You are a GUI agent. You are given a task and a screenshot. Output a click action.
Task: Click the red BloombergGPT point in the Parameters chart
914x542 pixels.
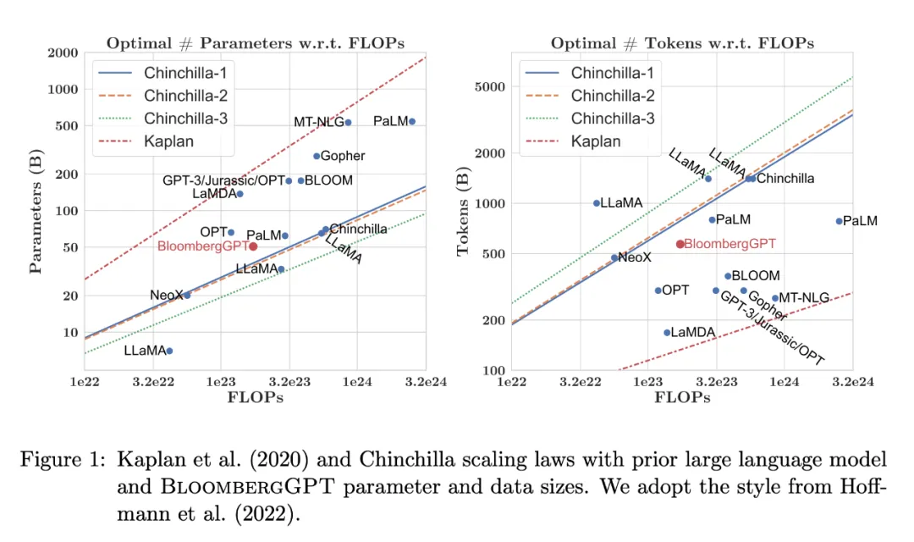253,246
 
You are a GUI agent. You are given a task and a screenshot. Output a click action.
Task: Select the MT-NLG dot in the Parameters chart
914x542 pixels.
348,123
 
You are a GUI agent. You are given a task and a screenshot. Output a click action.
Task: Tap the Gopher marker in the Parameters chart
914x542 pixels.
317,156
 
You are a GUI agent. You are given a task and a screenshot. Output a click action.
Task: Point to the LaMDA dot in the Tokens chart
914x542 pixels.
667,333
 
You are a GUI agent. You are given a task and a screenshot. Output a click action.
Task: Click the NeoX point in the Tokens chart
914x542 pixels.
614,257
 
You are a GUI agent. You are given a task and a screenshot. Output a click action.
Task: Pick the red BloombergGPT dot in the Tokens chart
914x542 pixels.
680,244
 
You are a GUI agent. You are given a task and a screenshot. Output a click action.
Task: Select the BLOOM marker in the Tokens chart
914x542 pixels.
728,276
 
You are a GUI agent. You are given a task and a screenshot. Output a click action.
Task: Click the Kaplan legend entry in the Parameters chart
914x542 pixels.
168,141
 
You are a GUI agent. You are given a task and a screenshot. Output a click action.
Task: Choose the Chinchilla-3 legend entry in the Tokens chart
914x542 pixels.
612,119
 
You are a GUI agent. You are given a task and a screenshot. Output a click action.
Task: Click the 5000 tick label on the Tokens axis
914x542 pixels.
488,86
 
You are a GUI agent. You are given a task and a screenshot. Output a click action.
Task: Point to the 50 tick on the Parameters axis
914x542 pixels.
68,247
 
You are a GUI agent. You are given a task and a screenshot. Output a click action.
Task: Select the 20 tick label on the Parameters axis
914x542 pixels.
68,296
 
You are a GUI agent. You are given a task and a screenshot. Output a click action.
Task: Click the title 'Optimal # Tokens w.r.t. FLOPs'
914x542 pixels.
682,43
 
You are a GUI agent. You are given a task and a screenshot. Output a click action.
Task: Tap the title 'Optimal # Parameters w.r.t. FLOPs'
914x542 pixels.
255,43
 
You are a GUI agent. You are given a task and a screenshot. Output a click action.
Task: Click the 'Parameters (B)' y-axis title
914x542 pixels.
36,212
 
